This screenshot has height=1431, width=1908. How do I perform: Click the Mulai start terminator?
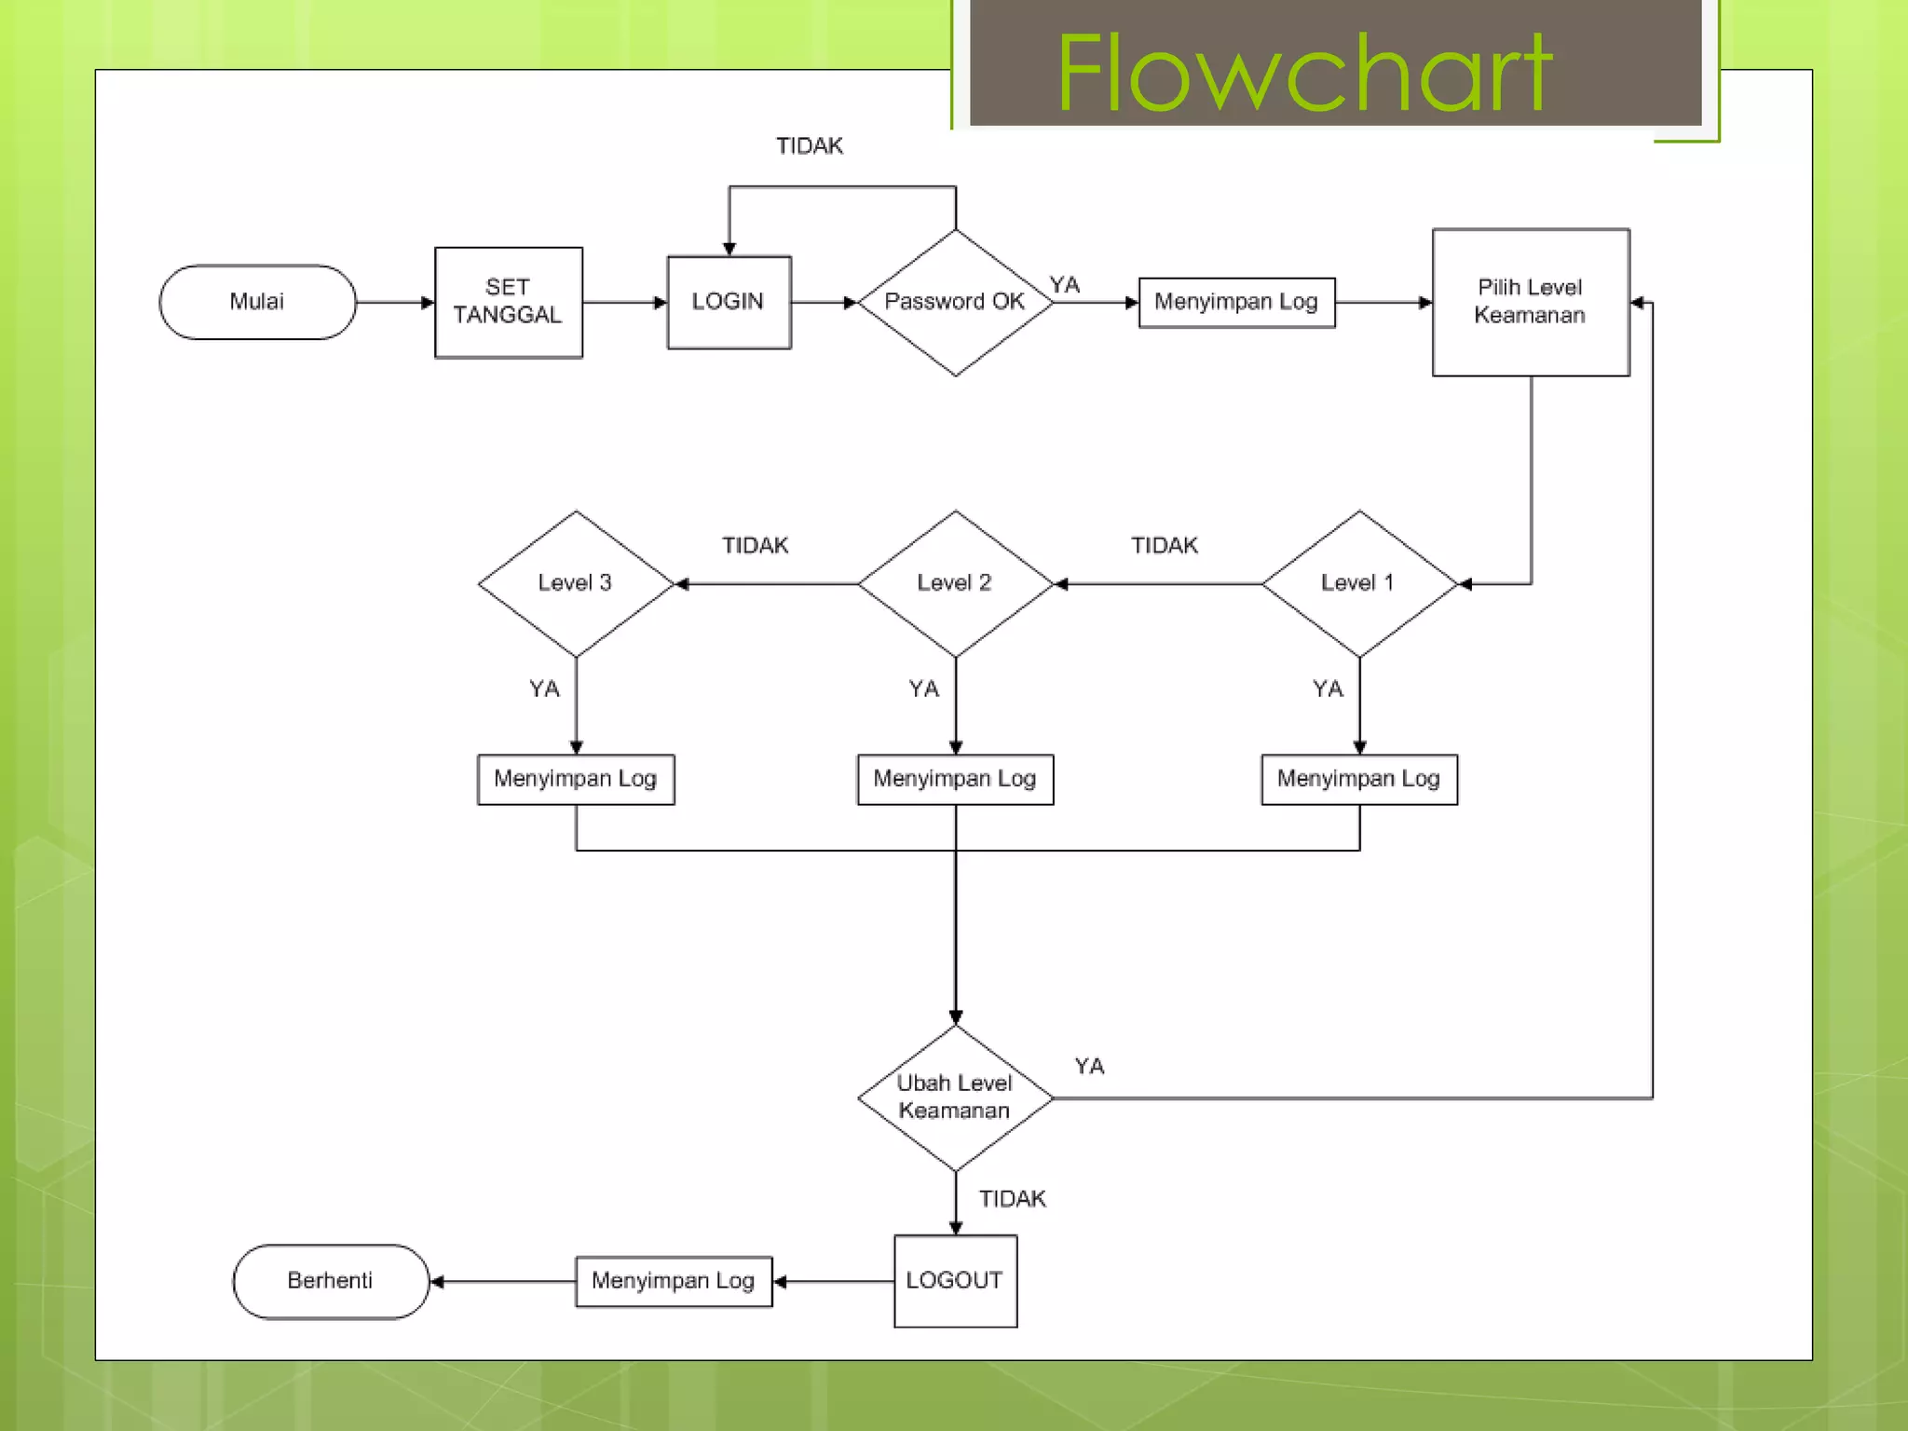(257, 302)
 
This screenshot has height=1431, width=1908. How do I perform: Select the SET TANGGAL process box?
(509, 302)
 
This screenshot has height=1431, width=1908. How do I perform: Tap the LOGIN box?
(729, 302)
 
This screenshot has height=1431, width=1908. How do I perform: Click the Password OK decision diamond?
(955, 302)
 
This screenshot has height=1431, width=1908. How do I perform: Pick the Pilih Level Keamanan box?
(1531, 302)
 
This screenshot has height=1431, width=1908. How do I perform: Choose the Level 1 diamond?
(1358, 583)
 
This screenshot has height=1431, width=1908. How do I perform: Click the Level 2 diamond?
(955, 583)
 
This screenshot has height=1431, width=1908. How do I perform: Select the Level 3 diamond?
(576, 583)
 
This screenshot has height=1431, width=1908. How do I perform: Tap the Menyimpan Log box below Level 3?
(576, 779)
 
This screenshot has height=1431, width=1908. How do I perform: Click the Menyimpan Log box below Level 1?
(1359, 779)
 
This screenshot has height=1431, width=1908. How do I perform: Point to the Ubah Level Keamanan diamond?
(955, 1097)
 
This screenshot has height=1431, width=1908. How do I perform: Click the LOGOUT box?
(955, 1281)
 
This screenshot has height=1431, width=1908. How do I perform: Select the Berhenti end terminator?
(331, 1281)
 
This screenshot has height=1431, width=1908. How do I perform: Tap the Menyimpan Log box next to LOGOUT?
(674, 1281)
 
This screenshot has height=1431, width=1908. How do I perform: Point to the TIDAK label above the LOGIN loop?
(810, 146)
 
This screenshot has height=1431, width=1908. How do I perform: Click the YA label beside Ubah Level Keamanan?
(1089, 1067)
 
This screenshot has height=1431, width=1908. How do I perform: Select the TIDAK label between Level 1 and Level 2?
(1165, 546)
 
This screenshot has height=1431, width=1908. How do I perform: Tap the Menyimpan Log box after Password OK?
(1236, 302)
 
